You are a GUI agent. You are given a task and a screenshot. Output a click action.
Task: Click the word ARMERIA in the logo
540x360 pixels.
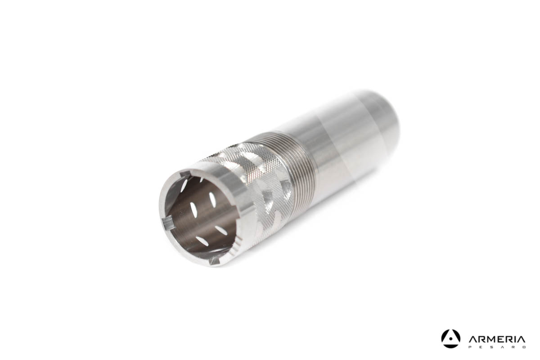496,339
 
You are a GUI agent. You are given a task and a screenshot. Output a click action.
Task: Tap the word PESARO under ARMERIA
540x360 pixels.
496,347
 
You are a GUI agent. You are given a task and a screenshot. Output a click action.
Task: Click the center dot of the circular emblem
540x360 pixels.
450,337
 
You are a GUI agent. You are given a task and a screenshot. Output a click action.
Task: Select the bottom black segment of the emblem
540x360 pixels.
450,345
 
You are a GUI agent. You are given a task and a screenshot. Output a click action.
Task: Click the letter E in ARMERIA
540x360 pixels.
499,339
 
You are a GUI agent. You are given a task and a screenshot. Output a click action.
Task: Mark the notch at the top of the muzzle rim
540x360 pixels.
185,174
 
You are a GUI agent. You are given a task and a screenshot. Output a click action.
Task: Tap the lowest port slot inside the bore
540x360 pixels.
202,241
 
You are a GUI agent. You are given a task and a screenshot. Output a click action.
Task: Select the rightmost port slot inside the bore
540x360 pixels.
221,230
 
